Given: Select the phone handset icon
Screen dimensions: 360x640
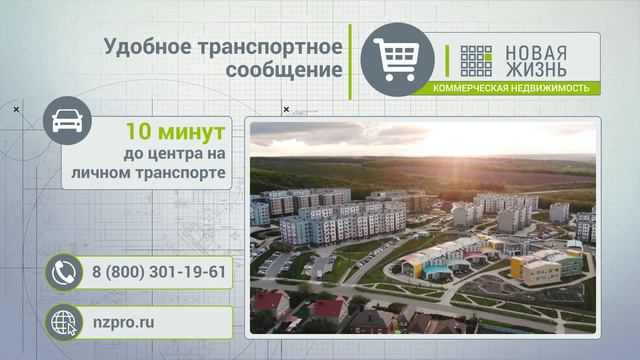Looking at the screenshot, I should (64, 270).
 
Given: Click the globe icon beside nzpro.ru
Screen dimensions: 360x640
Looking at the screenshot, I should (64, 323).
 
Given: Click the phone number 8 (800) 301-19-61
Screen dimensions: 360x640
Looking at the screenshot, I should (158, 270).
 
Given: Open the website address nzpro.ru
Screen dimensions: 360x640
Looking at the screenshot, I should (123, 323).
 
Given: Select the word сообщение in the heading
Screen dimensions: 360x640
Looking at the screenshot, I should (284, 71).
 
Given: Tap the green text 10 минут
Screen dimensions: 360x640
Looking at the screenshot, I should (175, 131).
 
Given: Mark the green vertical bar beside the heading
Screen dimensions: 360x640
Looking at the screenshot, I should (349, 61).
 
